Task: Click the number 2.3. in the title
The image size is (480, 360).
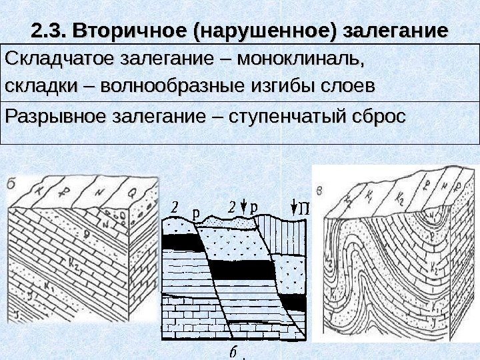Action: click(51, 31)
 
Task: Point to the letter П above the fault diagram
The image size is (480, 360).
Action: click(304, 207)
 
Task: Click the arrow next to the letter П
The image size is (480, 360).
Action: click(294, 206)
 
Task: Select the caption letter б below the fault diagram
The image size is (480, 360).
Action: click(233, 351)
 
